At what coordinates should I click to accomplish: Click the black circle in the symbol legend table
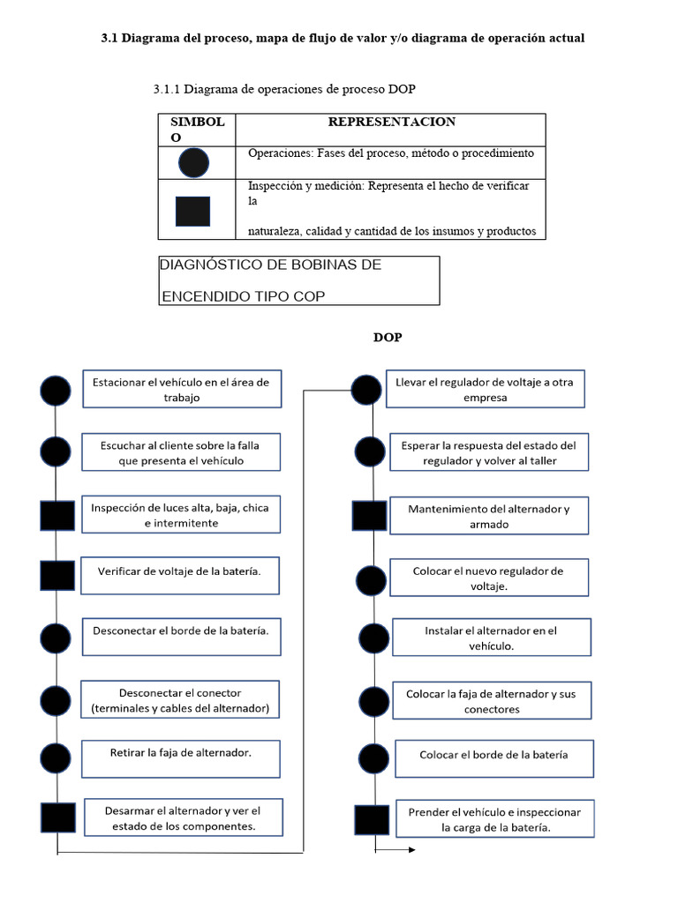tap(193, 162)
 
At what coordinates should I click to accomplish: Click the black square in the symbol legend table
tap(192, 212)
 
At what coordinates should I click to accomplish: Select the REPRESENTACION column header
tap(391, 122)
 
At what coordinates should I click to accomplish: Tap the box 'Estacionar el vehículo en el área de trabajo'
tap(182, 389)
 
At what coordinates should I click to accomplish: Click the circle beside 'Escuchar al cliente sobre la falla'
tap(56, 451)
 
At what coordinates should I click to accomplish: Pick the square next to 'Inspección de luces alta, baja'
tap(56, 515)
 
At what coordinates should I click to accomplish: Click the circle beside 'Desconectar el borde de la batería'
tap(56, 636)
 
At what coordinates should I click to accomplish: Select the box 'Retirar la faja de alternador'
tap(181, 753)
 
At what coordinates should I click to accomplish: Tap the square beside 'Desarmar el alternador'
tap(57, 817)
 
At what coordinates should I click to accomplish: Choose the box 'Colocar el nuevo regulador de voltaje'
tap(487, 578)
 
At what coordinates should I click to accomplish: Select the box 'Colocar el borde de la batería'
tap(493, 756)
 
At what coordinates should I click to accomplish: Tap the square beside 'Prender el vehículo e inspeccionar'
tap(371, 820)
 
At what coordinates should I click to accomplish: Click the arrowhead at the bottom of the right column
tap(411, 851)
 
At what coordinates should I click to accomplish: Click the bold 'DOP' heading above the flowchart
tap(387, 338)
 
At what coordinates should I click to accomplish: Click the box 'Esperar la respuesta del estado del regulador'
tap(488, 452)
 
